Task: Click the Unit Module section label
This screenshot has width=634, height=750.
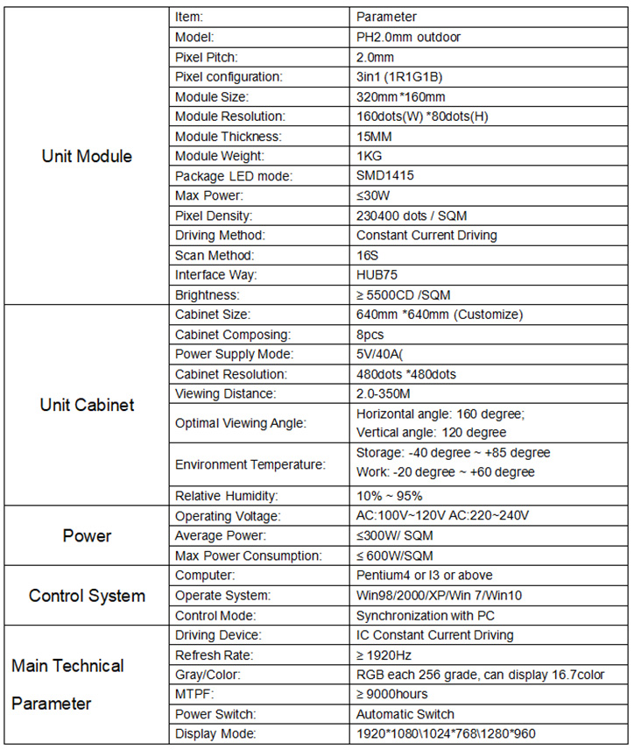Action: [87, 157]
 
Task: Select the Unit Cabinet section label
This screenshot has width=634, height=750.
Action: [87, 405]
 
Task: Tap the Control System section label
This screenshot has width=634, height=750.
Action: [87, 596]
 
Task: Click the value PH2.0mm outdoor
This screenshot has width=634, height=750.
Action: [408, 37]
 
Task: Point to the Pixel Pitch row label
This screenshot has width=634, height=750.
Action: [208, 57]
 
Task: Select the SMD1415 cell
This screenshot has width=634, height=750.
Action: [385, 175]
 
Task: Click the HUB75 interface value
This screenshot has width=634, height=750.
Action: [378, 275]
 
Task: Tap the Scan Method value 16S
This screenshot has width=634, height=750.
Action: [367, 255]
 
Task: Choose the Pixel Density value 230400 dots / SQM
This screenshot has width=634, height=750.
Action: [412, 216]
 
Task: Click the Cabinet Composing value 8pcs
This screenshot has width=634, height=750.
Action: [371, 335]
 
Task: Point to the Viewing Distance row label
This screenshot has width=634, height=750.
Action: [225, 394]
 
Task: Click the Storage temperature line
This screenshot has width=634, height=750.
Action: [454, 453]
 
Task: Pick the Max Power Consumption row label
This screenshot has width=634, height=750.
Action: [249, 555]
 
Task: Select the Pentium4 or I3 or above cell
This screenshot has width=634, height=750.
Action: [424, 576]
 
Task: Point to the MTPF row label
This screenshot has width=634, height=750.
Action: [194, 695]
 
